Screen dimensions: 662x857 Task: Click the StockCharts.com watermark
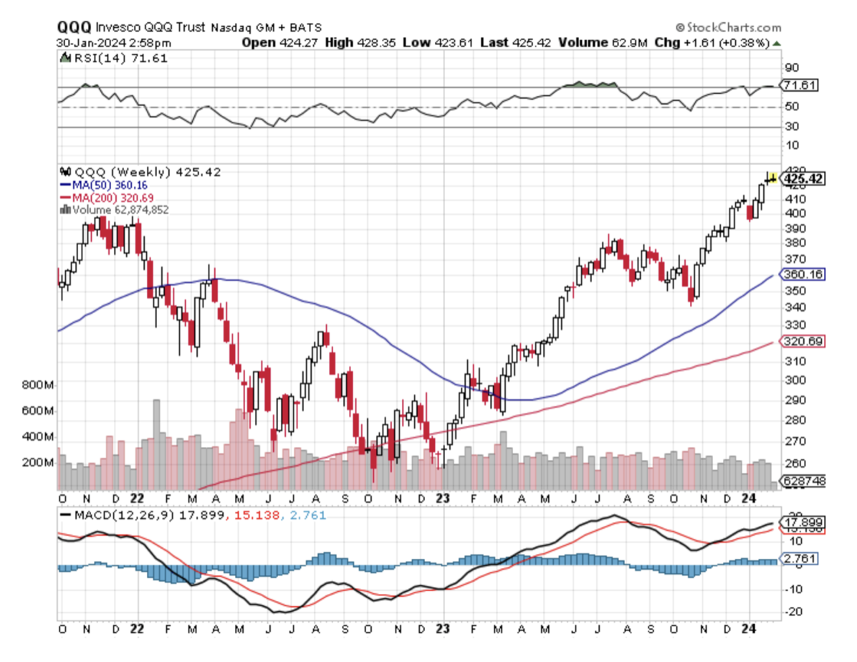(729, 28)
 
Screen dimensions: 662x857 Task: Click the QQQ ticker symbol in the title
(75, 28)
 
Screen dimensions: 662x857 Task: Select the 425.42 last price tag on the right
(804, 178)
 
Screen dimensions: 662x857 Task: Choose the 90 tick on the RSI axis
(791, 67)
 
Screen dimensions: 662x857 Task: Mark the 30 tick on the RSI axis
(791, 127)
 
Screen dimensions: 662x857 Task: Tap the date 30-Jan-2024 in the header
(87, 43)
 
